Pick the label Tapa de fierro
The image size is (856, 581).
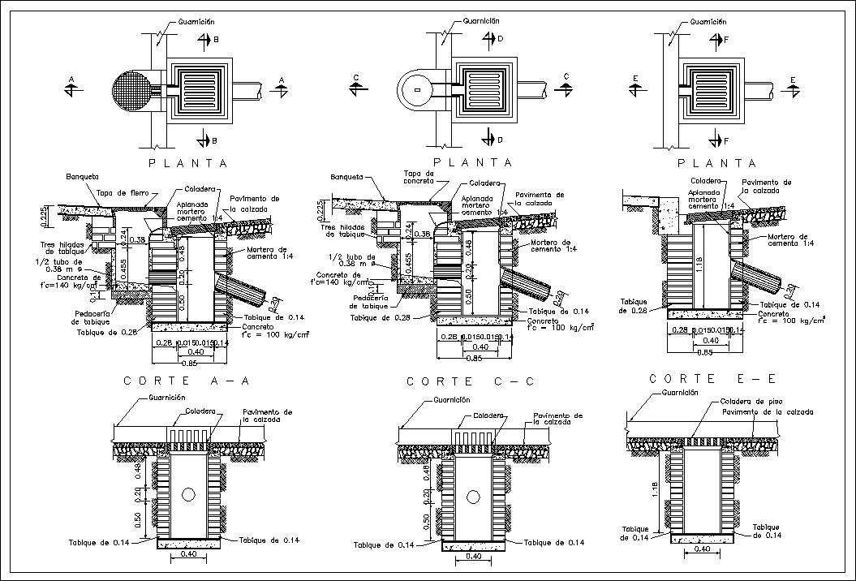[x=120, y=192]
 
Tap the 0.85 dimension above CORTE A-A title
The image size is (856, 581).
[x=188, y=362]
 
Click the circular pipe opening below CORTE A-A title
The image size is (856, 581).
[x=189, y=494]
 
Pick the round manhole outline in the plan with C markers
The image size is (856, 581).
[x=416, y=88]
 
